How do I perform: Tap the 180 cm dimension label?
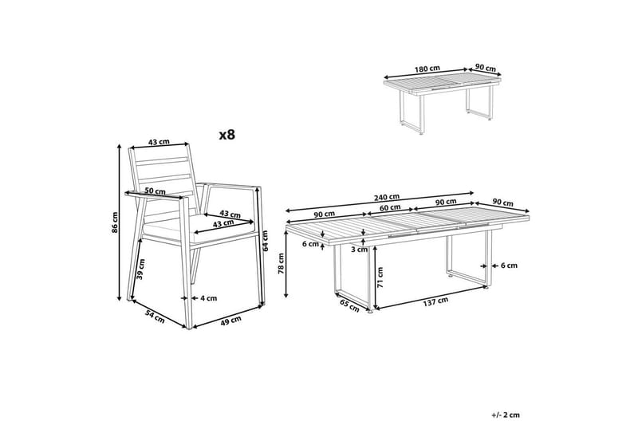click(x=428, y=69)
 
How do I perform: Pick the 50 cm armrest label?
click(x=156, y=191)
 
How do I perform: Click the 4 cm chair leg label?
click(x=208, y=298)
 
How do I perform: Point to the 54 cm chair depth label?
click(x=155, y=317)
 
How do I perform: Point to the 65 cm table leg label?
click(x=348, y=304)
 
